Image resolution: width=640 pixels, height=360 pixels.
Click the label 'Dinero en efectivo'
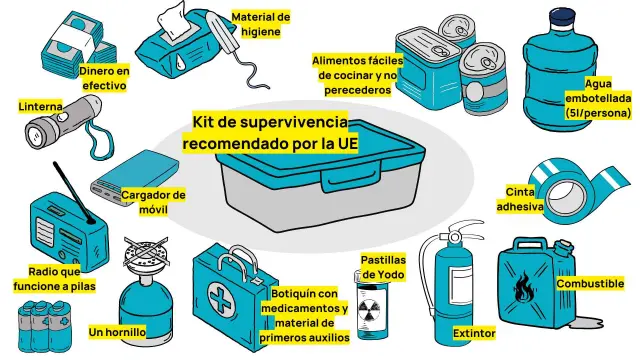coord(105,78)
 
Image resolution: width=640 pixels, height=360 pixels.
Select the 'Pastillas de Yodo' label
coord(382,266)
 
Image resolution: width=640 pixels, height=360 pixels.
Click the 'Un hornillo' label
coord(117,331)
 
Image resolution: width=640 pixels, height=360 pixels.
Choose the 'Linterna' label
coord(41,105)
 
